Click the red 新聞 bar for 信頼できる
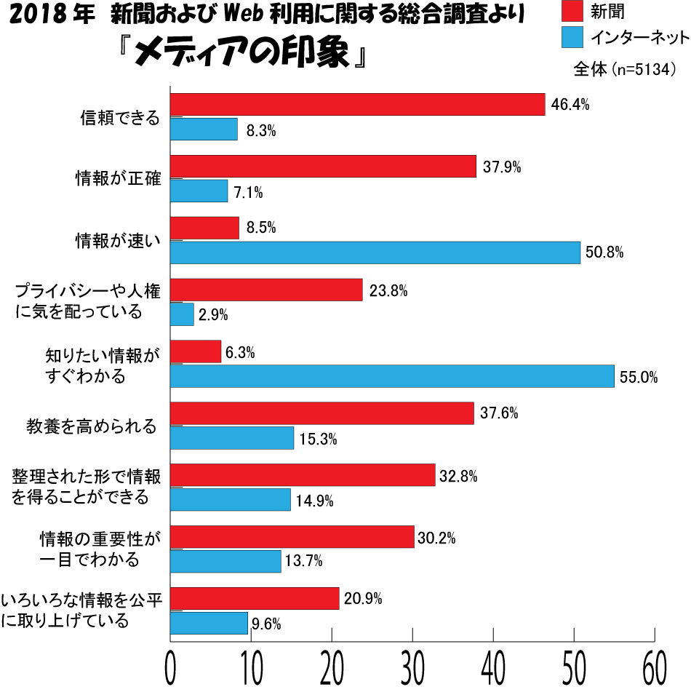357,105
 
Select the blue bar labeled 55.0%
392,376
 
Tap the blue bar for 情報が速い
375,252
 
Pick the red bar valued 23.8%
266,290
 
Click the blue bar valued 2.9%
182,314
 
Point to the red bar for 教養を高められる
322,414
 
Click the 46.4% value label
570,105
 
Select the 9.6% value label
266,623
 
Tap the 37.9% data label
501,167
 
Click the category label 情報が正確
119,178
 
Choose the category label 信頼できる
119,117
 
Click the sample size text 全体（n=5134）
626,69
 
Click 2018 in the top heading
33,14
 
